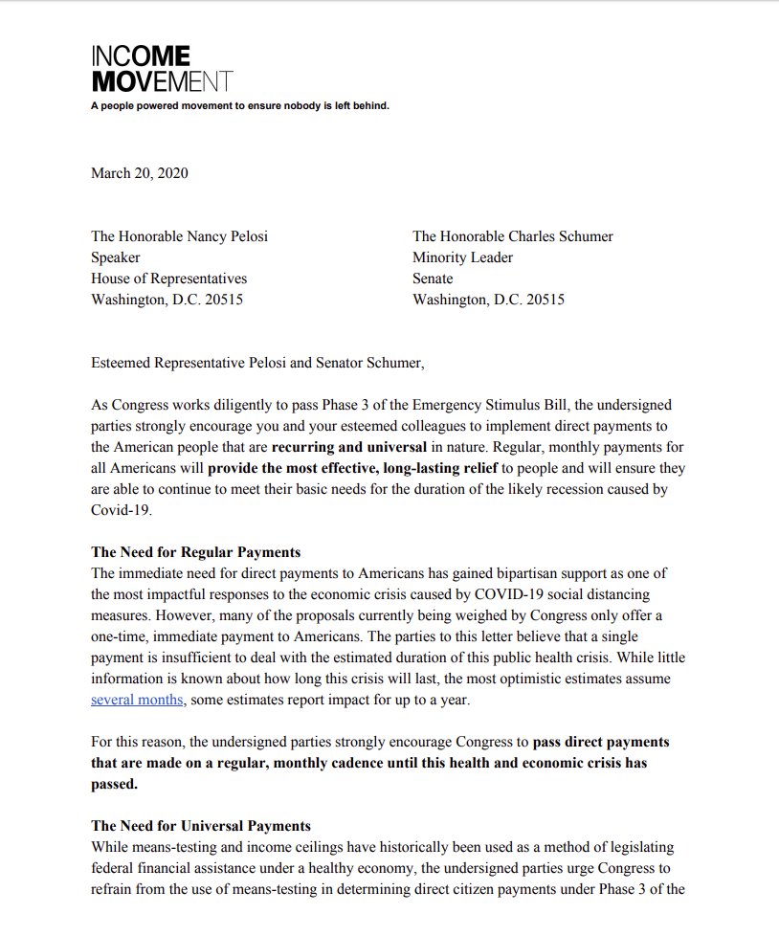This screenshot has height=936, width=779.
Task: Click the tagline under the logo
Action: pos(239,106)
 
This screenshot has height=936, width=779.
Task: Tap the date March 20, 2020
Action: pos(139,173)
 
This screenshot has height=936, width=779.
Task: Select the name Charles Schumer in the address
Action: pos(559,236)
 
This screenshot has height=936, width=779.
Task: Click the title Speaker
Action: pos(115,257)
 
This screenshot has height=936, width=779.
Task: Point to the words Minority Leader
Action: pos(462,257)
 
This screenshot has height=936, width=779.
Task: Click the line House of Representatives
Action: pos(168,279)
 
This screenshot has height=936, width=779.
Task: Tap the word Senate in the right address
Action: pos(433,279)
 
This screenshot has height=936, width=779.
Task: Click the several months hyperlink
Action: pos(137,700)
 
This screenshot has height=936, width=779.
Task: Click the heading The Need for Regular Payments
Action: pos(195,552)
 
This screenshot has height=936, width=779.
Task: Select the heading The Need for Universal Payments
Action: pos(200,826)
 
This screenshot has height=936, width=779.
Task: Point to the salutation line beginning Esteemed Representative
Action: pos(256,363)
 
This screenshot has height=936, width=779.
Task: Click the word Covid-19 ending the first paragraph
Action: pos(121,510)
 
